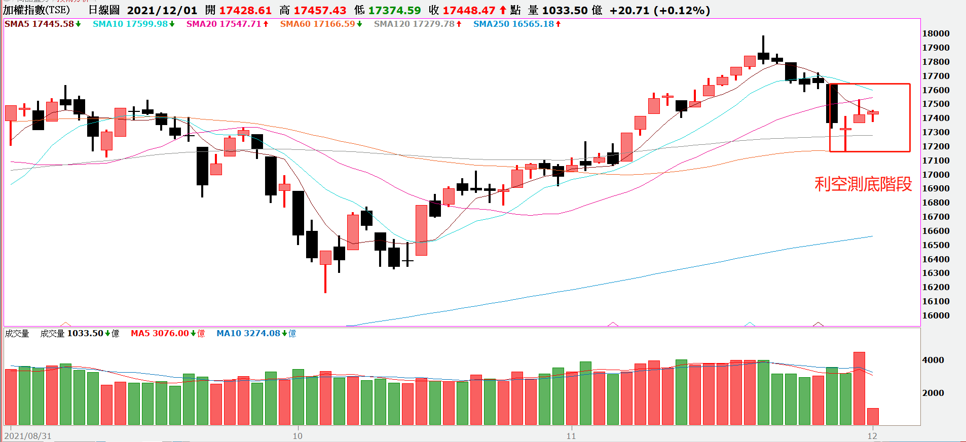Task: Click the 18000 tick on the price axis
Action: pyautogui.click(x=936, y=33)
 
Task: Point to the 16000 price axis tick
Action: pyautogui.click(x=936, y=315)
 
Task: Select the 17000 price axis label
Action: pyautogui.click(x=936, y=175)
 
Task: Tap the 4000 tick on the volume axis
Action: pyautogui.click(x=933, y=360)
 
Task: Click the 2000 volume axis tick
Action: pyautogui.click(x=933, y=393)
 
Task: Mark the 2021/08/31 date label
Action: pyautogui.click(x=28, y=436)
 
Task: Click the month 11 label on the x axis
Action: pyautogui.click(x=571, y=436)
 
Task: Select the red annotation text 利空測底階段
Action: pyautogui.click(x=863, y=184)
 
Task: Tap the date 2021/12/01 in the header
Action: pyautogui.click(x=162, y=10)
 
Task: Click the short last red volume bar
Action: pyautogui.click(x=873, y=416)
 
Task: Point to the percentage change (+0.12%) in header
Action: pyautogui.click(x=682, y=10)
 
